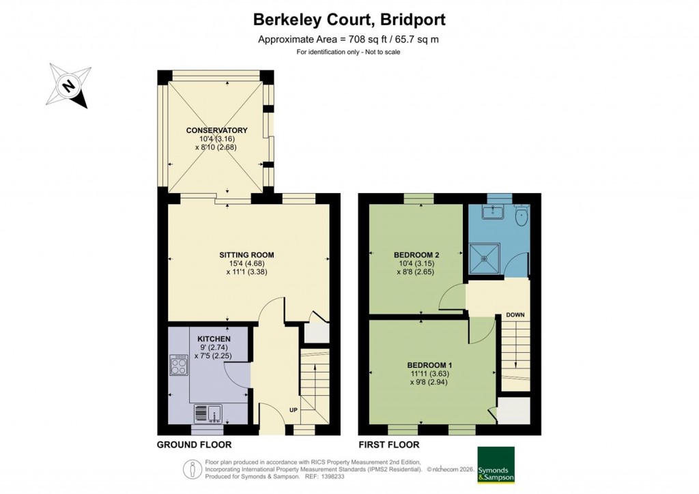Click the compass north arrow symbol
[69, 86]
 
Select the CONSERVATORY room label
[216, 130]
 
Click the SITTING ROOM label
[248, 255]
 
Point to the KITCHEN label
[214, 339]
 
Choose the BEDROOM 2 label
[416, 255]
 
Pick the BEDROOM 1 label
[431, 365]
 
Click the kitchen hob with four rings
[179, 366]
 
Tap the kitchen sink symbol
[208, 413]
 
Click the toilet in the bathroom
[522, 216]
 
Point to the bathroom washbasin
[491, 212]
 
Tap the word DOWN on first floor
[515, 315]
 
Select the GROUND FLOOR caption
[195, 445]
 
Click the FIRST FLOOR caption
[389, 445]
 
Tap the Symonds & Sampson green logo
[495, 465]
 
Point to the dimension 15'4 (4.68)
[248, 263]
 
